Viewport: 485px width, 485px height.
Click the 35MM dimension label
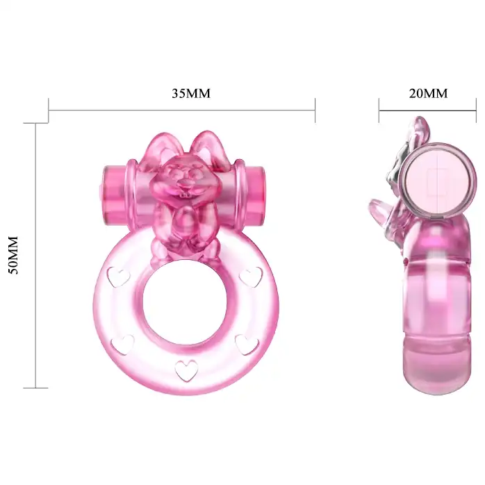pyautogui.click(x=191, y=93)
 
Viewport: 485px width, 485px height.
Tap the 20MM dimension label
pyautogui.click(x=428, y=93)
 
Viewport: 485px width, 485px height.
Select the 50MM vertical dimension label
pyautogui.click(x=13, y=255)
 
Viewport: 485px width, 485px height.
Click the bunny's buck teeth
pyautogui.click(x=185, y=195)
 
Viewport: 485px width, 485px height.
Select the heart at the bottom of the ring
pyautogui.click(x=186, y=370)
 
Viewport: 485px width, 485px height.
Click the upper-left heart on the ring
pyautogui.click(x=118, y=277)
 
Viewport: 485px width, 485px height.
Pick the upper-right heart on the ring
pyautogui.click(x=251, y=277)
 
